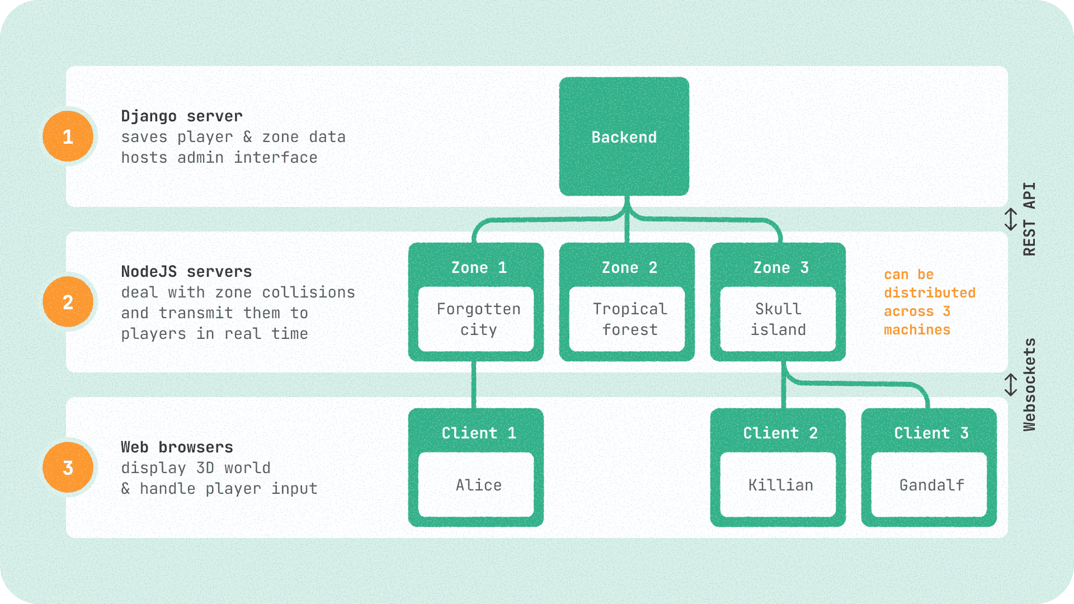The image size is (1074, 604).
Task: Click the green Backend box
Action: (624, 136)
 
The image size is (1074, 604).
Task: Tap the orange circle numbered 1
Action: (68, 136)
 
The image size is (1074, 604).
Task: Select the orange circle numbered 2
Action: (68, 302)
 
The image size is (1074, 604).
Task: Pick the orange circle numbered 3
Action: (68, 468)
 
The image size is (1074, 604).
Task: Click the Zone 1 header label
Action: (479, 268)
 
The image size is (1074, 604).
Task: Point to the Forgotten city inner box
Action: (476, 319)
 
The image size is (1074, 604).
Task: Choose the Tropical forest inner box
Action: (627, 319)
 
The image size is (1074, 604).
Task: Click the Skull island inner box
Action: (778, 319)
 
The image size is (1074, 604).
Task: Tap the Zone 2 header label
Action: (629, 268)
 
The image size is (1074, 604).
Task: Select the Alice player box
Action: (476, 485)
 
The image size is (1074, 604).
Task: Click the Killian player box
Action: (778, 485)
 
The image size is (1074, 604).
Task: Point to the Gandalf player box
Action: (929, 485)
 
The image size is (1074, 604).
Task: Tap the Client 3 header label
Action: (931, 433)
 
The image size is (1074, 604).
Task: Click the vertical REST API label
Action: (1029, 219)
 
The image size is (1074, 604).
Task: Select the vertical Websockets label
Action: (1029, 385)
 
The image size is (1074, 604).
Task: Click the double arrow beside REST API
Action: (1010, 219)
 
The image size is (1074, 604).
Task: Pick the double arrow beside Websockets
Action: (1010, 385)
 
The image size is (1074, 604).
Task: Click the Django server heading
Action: (182, 116)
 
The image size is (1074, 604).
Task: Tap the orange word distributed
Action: (929, 293)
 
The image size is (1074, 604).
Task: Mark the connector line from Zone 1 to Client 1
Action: (474, 385)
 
